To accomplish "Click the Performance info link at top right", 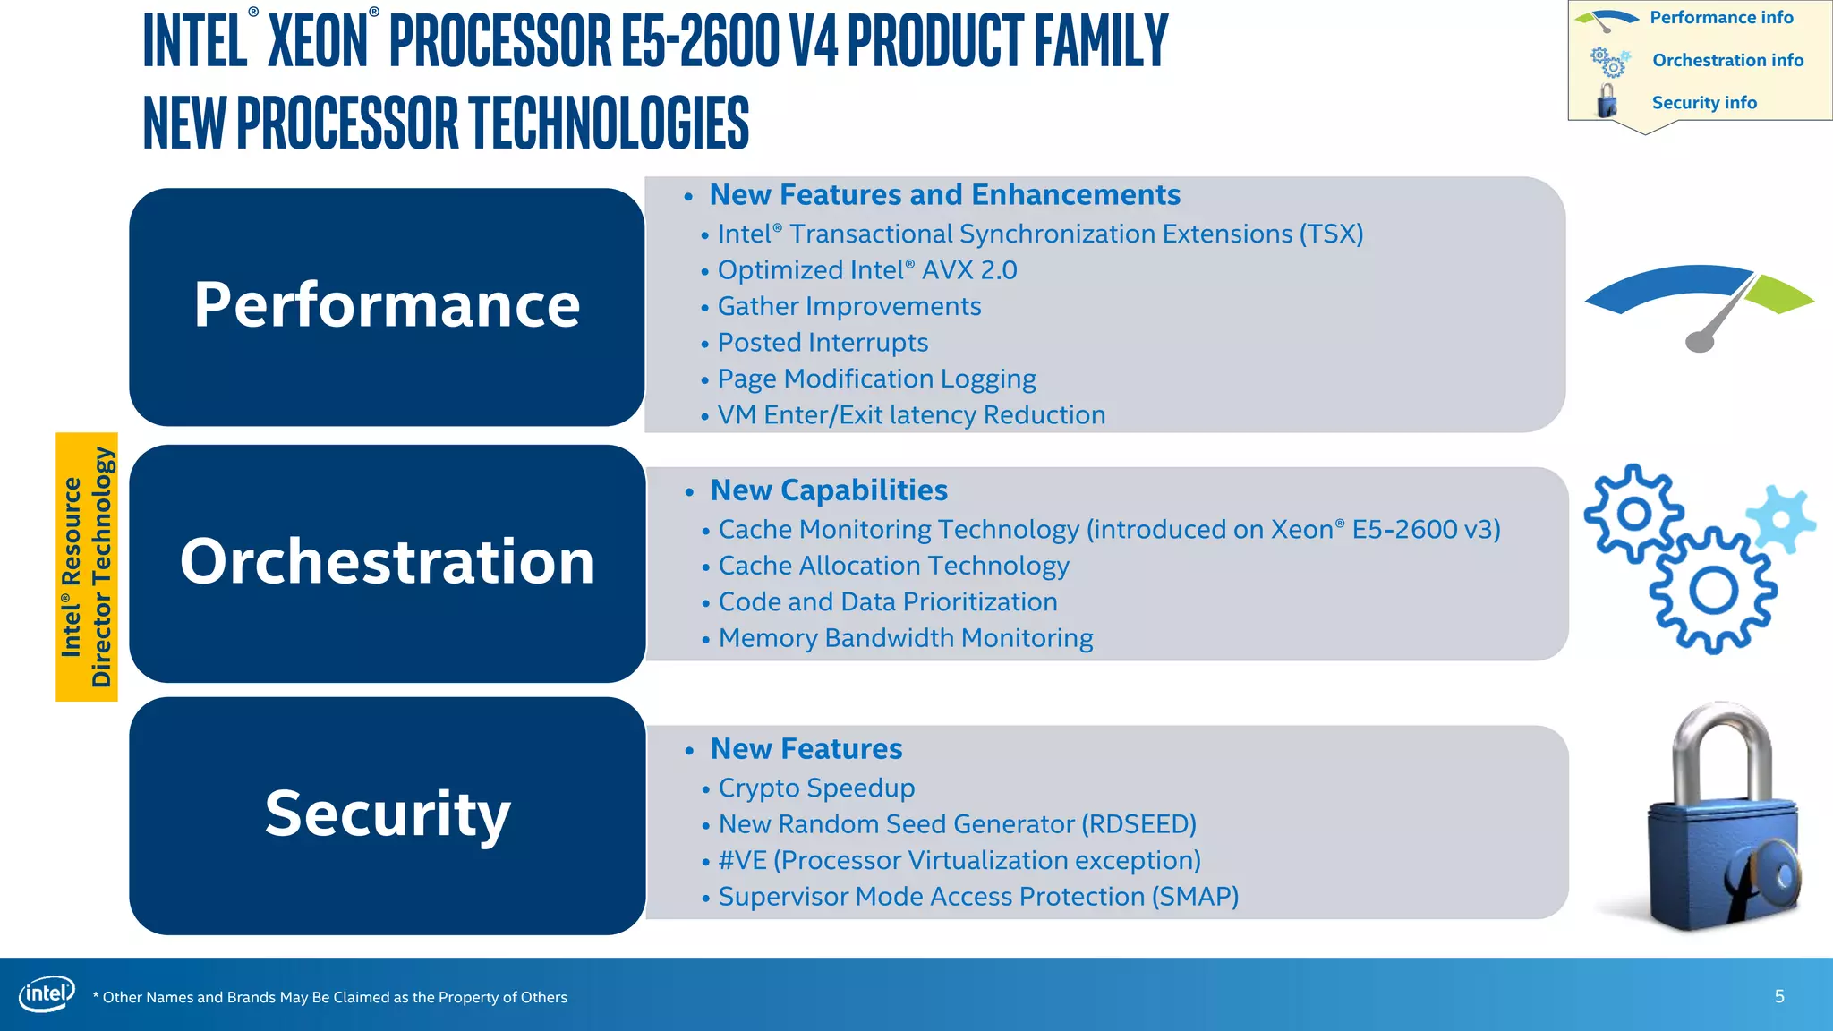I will click(x=1720, y=18).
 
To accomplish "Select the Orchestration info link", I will click(x=1726, y=60).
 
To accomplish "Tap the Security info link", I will click(x=1703, y=103).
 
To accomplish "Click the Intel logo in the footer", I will click(x=47, y=993).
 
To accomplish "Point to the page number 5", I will click(x=1779, y=996).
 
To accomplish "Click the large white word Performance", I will click(x=387, y=305).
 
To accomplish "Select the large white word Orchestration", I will click(x=387, y=562).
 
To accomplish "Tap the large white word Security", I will click(x=387, y=814).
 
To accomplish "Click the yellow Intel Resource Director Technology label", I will click(x=87, y=567).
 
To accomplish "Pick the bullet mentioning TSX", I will click(x=1039, y=234).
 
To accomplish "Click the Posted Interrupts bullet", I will click(x=822, y=343).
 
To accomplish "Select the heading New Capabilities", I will click(x=828, y=490).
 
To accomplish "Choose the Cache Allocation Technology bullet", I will click(x=893, y=566).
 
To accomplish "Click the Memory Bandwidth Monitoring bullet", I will click(x=905, y=638).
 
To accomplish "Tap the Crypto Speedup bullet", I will click(x=815, y=788).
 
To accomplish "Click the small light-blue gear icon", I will click(x=1781, y=519).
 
